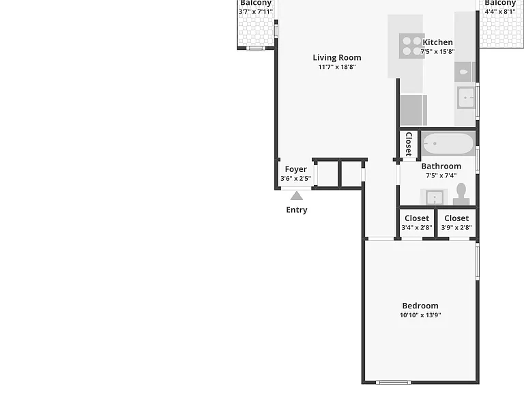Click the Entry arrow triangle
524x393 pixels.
296,196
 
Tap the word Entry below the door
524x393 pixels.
297,210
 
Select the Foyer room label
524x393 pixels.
295,169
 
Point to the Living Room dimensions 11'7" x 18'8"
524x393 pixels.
337,67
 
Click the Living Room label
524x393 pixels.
337,57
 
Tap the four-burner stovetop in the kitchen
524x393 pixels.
411,46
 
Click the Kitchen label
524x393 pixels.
438,42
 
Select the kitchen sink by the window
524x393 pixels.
466,98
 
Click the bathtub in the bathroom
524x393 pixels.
448,144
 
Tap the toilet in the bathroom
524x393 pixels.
461,194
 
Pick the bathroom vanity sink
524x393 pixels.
434,197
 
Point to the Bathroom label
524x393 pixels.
441,166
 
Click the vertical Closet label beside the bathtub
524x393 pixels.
409,145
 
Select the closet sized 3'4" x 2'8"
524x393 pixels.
417,223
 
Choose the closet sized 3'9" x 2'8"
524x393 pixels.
456,223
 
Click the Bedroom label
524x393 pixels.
420,306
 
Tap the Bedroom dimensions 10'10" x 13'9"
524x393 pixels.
420,315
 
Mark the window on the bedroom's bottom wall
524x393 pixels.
394,382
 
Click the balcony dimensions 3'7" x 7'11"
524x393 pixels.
256,12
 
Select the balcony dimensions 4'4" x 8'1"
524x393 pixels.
500,12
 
